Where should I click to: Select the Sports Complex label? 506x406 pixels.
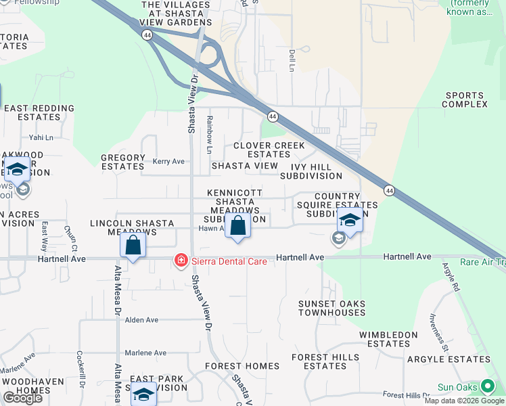465,100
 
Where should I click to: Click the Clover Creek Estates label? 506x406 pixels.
269,150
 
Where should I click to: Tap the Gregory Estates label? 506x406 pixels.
122,162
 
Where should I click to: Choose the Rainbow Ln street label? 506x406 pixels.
210,134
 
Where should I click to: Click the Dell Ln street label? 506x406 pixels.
292,60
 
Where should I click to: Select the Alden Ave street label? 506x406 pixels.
141,320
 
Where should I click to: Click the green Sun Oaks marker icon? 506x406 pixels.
488,388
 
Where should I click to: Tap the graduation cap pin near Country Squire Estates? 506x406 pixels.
350,220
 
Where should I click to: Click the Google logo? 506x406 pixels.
22,398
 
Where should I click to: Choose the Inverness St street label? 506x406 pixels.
437,332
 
